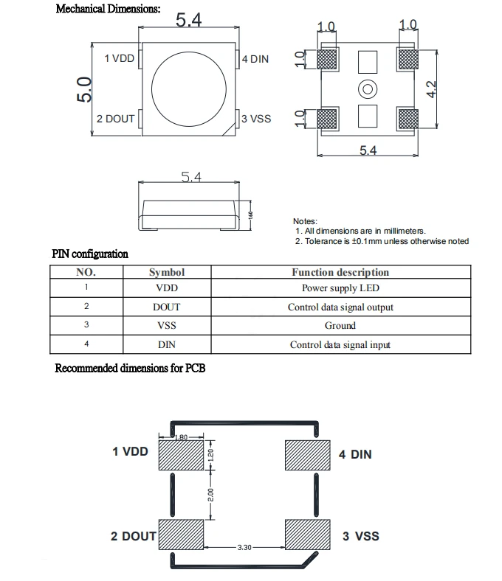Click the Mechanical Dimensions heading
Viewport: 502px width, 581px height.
click(x=107, y=10)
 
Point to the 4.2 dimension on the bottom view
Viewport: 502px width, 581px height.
click(x=433, y=88)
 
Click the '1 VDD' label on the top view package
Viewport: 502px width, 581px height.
click(x=119, y=59)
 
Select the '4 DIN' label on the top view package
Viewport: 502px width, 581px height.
click(x=255, y=59)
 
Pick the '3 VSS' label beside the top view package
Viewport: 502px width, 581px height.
click(x=256, y=118)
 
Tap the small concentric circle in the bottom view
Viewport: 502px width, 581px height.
click(x=367, y=90)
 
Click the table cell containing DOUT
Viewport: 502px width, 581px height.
click(x=167, y=307)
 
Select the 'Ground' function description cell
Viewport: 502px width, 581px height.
click(x=340, y=325)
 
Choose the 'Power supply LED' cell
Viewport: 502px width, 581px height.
click(x=340, y=288)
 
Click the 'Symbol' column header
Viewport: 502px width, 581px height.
click(x=167, y=272)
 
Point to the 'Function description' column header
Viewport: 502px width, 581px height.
click(x=340, y=272)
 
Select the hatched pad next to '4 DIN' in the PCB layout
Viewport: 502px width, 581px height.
click(x=306, y=454)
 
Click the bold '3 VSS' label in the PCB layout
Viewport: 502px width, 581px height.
click(x=361, y=536)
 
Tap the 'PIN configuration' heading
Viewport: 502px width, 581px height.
click(x=90, y=254)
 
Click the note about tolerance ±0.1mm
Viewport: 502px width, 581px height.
click(x=381, y=241)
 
